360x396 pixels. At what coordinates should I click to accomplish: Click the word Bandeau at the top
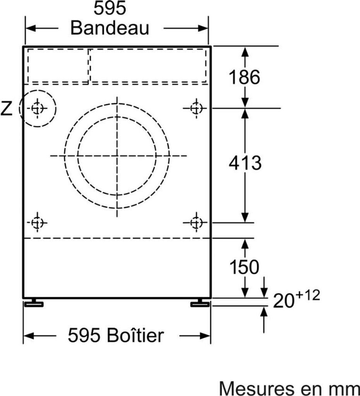click(x=110, y=28)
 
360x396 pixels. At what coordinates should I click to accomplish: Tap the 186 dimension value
click(x=244, y=77)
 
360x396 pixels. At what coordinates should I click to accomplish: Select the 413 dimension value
click(x=245, y=163)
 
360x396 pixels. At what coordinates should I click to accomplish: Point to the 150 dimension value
click(x=244, y=267)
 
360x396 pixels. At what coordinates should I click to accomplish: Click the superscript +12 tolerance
click(x=307, y=295)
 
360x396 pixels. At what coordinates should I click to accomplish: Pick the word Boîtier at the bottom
click(x=135, y=335)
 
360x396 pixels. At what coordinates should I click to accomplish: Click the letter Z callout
click(x=6, y=108)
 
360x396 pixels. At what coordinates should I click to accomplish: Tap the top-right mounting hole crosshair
click(x=196, y=109)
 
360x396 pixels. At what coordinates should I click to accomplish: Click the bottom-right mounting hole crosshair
click(x=196, y=222)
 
